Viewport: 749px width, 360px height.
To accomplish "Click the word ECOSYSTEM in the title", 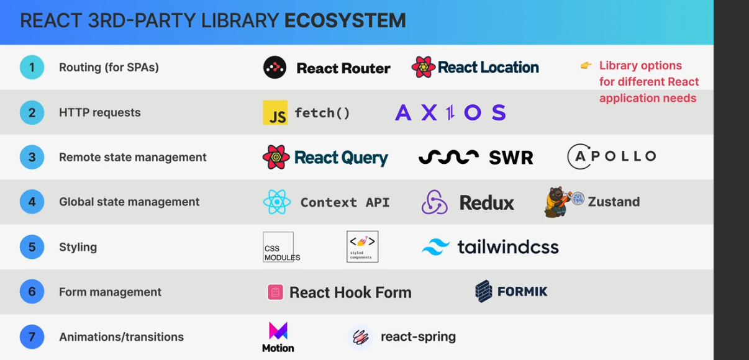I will (345, 20).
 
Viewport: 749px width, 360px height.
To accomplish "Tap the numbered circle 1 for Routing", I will (32, 67).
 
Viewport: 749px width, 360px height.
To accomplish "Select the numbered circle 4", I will (32, 202).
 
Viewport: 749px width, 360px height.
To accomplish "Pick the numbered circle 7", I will (32, 337).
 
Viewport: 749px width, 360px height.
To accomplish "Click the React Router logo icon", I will (275, 67).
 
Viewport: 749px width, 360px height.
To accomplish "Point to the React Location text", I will (488, 67).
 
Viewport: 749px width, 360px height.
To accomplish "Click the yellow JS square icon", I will (275, 112).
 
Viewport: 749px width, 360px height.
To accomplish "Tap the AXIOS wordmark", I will (450, 112).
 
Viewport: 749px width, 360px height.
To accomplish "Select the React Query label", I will (341, 158).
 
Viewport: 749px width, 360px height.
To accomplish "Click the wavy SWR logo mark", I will (448, 157).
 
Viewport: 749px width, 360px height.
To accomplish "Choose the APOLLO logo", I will (612, 156).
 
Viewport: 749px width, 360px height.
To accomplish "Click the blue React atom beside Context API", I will (276, 202).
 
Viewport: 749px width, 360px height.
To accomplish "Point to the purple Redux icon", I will (435, 202).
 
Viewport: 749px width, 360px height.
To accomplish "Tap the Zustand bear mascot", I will (557, 202).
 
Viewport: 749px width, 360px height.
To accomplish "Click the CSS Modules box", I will (278, 247).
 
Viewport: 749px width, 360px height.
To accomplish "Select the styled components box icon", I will (362, 246).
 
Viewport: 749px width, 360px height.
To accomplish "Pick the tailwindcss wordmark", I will (508, 247).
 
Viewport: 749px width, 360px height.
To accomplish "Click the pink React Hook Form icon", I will (275, 292).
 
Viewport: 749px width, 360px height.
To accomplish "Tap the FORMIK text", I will (522, 291).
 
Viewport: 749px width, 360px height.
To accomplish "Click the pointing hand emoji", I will (586, 65).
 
